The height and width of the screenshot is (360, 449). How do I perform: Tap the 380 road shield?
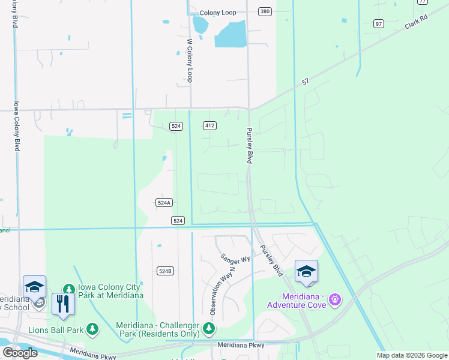pyautogui.click(x=265, y=11)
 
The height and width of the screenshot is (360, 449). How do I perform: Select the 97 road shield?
pyautogui.click(x=378, y=23)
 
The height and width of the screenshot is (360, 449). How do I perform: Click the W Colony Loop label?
pyautogui.click(x=190, y=61)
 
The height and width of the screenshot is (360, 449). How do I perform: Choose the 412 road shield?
pyautogui.click(x=209, y=125)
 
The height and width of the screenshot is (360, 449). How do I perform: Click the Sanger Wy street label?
pyautogui.click(x=235, y=259)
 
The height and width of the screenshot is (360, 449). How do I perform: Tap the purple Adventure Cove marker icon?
pyautogui.click(x=335, y=298)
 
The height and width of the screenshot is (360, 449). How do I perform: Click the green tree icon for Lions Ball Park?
pyautogui.click(x=92, y=328)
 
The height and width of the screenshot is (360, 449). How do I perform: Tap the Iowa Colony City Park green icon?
pyautogui.click(x=68, y=290)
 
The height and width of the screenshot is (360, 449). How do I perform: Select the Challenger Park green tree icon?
pyautogui.click(x=208, y=328)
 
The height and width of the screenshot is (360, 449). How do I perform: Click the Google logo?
pyautogui.click(x=19, y=352)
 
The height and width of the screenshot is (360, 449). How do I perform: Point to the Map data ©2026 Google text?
pyautogui.click(x=411, y=355)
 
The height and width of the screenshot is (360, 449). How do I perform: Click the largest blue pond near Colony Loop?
pyautogui.click(x=231, y=34)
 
